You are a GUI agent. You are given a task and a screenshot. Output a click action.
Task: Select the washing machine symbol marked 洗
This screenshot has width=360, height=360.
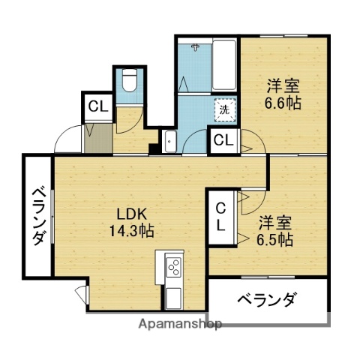(x=224, y=109)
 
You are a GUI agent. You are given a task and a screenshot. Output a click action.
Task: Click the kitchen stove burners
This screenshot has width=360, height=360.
(x=173, y=268)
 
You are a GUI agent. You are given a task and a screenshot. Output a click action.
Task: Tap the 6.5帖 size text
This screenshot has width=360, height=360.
(x=276, y=240)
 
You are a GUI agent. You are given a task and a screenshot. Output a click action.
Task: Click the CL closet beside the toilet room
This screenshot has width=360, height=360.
(x=97, y=106)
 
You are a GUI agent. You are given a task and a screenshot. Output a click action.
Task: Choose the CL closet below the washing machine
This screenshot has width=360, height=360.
(x=223, y=139)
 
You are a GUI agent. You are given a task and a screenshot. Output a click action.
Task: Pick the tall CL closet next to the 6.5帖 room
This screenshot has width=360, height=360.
(x=221, y=216)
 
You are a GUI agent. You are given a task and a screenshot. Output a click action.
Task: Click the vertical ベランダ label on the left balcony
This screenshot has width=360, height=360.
(x=37, y=216)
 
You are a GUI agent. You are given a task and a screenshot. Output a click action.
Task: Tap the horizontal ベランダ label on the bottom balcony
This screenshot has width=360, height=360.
(x=267, y=301)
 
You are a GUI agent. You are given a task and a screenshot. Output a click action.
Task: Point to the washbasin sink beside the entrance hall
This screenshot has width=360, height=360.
(x=169, y=140)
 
